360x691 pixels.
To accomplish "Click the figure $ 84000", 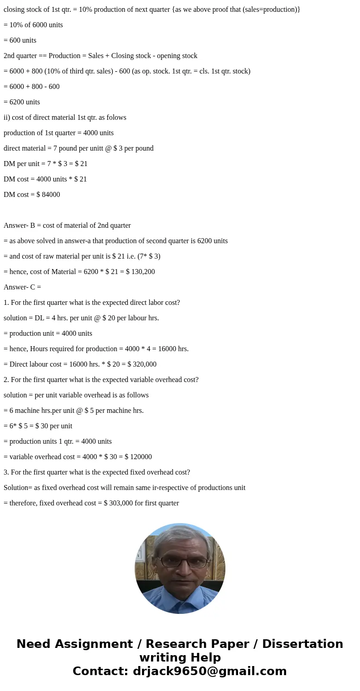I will tap(48, 195).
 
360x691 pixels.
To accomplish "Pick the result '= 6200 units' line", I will tap(22, 102).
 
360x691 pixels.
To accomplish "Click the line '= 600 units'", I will tap(20, 40).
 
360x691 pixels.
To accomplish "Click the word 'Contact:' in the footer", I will tap(101, 671).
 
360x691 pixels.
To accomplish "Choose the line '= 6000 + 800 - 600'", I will tap(32, 87).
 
